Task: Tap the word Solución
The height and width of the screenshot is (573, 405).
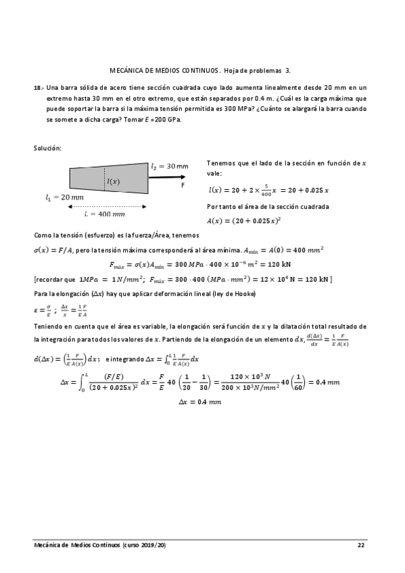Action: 47,147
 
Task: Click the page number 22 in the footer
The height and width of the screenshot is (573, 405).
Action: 361,544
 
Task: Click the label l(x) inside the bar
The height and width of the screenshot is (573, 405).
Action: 114,180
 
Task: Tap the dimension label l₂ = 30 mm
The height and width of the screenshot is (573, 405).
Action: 170,166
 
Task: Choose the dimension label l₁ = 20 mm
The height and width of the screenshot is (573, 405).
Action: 64,197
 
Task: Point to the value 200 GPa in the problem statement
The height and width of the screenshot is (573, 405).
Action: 166,119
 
